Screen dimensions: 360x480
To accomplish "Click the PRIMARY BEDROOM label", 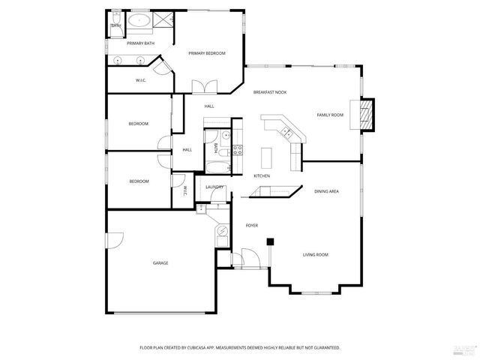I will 207,53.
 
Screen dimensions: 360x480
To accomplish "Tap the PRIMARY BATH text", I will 140,43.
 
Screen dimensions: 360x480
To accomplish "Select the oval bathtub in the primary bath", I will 139,21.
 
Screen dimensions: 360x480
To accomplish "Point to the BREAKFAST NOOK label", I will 269,91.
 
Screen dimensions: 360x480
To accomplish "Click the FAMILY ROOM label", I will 330,115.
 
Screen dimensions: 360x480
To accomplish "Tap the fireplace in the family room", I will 367,115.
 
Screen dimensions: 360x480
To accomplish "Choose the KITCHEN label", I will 262,175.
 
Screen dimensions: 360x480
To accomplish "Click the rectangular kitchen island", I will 265,156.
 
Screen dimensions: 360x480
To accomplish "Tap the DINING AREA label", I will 326,192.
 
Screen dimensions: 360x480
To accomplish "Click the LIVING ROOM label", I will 315,255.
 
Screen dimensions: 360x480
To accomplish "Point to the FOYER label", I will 252,225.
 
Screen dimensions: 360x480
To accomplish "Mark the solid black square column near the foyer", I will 270,241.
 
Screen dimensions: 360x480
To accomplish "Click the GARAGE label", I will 160,263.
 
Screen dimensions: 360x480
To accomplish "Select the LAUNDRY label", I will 214,187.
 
